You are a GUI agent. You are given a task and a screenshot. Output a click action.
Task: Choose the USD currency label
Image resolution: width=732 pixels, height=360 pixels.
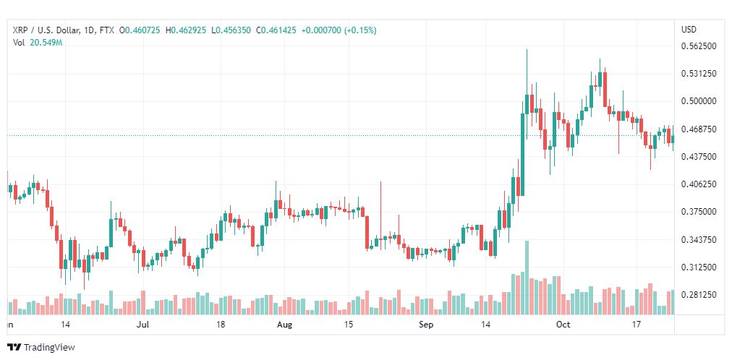coord(689,30)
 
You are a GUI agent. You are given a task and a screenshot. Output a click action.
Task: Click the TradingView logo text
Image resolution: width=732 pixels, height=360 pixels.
coord(49,348)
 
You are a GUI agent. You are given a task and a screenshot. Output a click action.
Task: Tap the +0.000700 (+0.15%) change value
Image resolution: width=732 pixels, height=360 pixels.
coord(339,30)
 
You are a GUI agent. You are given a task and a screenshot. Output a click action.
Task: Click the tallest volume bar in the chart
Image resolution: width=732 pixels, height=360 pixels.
coord(527,278)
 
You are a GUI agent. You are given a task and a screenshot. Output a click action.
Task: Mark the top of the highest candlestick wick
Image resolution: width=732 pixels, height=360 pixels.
coord(527,49)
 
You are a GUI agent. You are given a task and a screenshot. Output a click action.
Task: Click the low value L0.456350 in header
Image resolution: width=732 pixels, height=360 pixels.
coord(231,30)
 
